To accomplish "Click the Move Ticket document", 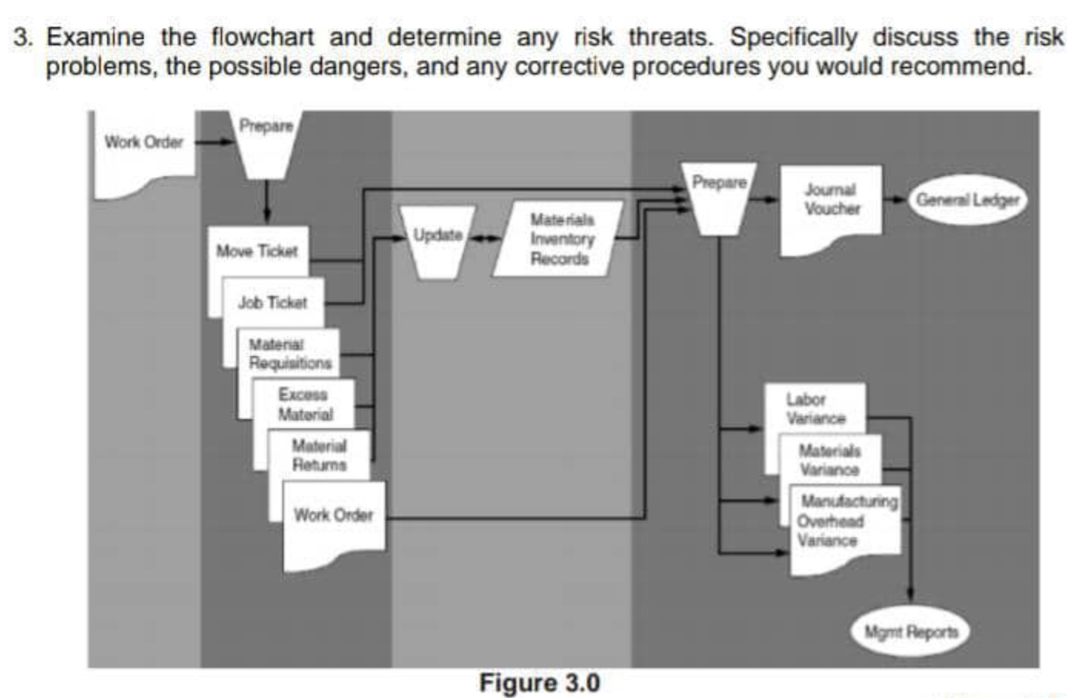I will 257,252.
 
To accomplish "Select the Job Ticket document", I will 272,303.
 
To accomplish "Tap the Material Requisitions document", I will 289,354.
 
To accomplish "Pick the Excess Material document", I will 305,404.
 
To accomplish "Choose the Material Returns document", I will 319,456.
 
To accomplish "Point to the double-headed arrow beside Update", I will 484,238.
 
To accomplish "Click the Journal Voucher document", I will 831,204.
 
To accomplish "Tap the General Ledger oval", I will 967,200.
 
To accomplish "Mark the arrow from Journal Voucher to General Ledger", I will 894,200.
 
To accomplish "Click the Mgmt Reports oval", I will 911,632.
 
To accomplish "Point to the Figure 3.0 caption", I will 539,683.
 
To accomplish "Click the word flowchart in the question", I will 262,37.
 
